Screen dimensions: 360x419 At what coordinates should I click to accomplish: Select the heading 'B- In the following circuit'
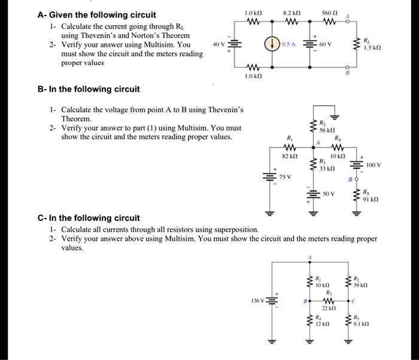click(x=88, y=89)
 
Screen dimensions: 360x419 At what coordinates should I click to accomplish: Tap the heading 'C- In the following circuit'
click(x=88, y=218)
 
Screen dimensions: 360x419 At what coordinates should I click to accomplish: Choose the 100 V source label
click(x=374, y=164)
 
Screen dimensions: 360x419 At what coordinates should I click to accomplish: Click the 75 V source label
click(x=286, y=177)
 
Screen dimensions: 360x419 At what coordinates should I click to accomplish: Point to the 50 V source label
click(x=329, y=194)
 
